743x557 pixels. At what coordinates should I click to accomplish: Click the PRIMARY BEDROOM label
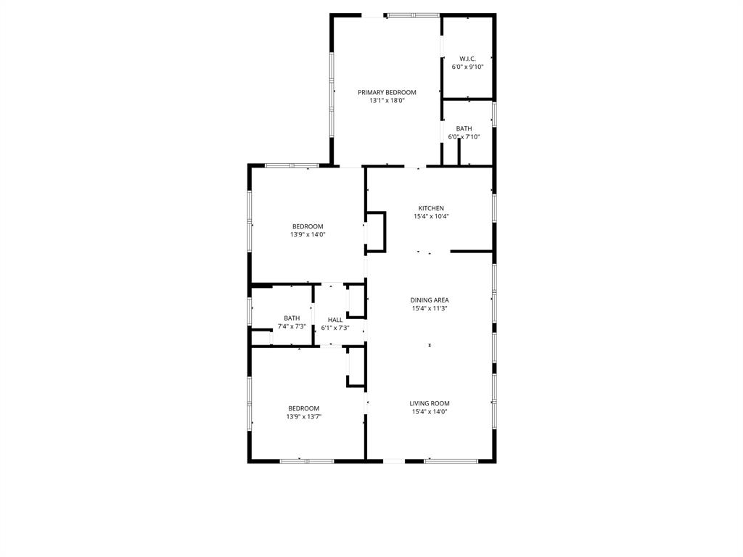387,92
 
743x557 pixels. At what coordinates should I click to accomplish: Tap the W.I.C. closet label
467,59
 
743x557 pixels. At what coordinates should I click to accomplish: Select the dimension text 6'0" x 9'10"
467,67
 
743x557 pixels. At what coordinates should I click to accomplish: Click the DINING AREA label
430,300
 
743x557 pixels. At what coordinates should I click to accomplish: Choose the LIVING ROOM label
430,404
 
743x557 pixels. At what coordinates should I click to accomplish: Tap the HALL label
335,320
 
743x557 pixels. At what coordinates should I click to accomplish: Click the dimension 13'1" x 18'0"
387,101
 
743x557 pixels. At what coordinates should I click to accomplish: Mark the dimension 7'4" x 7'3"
292,327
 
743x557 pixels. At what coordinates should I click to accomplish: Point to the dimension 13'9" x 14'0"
308,234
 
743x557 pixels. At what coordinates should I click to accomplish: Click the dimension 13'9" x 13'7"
303,416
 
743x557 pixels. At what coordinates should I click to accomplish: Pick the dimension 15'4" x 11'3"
430,308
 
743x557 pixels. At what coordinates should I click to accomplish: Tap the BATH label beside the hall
292,318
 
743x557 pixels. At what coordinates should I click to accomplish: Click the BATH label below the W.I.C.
464,128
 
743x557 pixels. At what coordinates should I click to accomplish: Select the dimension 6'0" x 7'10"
464,137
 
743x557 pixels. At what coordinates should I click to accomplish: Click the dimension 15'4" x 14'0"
430,412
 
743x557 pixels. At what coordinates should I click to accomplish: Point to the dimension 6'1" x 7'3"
335,328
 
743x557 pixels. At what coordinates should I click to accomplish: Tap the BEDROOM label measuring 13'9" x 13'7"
303,408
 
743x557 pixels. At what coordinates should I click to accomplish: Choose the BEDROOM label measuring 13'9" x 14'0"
308,226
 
